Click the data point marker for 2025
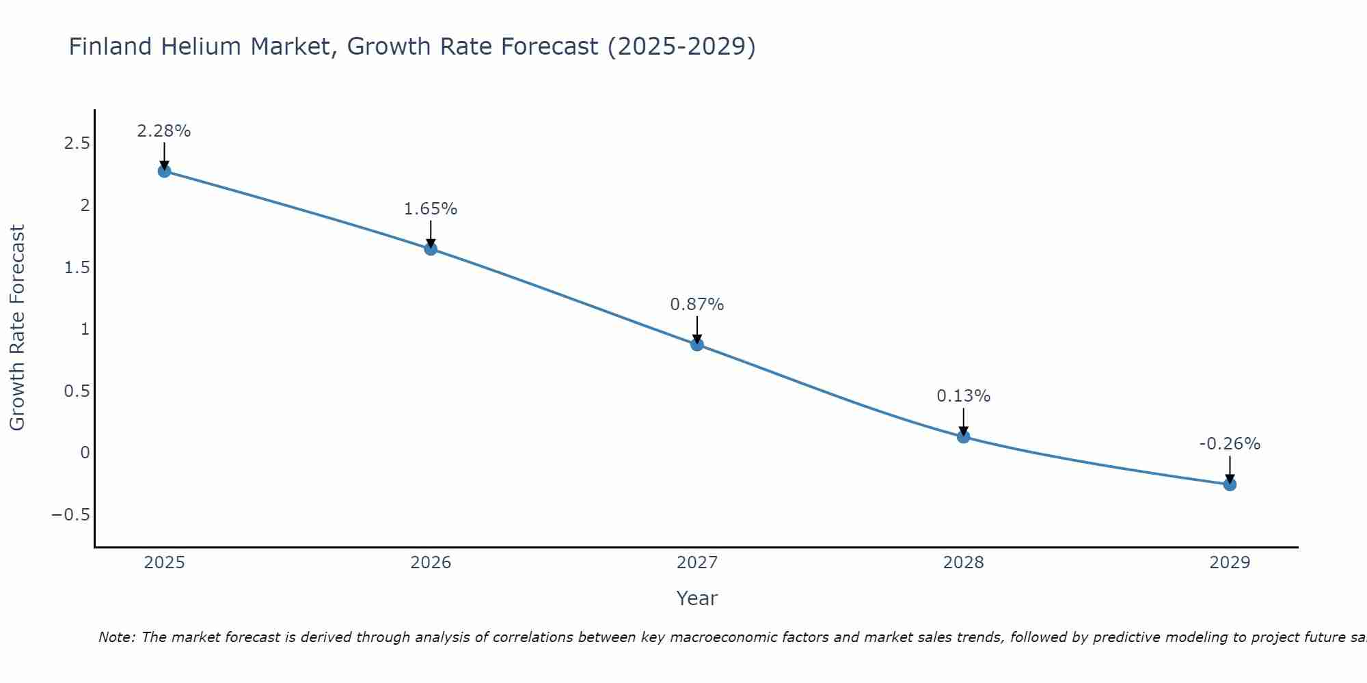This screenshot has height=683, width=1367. [164, 171]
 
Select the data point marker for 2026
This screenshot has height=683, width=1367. [431, 249]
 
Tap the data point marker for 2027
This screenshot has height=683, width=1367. [697, 344]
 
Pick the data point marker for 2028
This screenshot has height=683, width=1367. [963, 436]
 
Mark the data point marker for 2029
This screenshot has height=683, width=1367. [1230, 484]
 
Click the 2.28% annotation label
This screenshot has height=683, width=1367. [164, 131]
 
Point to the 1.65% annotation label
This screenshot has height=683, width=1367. [431, 209]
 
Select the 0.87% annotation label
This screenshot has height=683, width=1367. [697, 305]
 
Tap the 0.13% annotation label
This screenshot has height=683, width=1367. [963, 396]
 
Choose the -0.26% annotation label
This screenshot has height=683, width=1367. [1230, 444]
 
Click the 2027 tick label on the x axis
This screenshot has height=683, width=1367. [697, 563]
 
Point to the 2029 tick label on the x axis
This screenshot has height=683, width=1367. [1230, 563]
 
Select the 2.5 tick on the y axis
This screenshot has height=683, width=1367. [77, 143]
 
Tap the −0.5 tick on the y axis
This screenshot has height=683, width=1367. [70, 514]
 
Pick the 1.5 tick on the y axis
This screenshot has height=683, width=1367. [77, 267]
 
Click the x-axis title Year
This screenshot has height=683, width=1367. [697, 599]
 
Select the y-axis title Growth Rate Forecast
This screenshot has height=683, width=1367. [17, 328]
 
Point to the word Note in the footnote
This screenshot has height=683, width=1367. [117, 637]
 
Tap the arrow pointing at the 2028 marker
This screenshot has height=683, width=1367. [963, 421]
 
